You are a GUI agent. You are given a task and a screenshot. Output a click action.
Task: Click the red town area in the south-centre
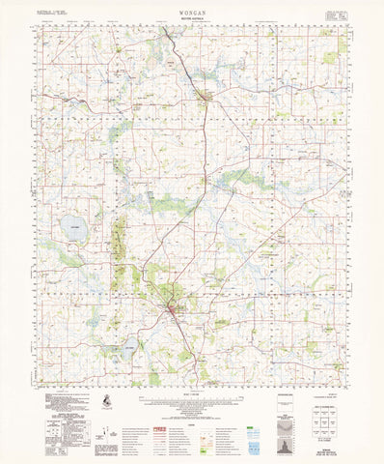tap(171, 310)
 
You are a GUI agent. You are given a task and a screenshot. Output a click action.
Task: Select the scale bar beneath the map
tap(193, 394)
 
